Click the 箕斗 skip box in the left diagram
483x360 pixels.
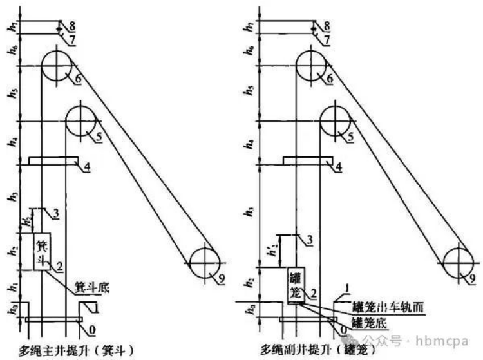point(43,252)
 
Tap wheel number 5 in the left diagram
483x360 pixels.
point(80,120)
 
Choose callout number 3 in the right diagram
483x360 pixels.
point(310,240)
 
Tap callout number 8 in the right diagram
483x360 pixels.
point(327,25)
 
